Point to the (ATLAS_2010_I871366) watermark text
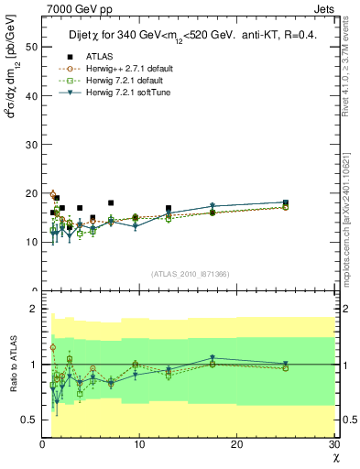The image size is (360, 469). click(190, 274)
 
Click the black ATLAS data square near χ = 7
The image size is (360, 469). click(111, 202)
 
